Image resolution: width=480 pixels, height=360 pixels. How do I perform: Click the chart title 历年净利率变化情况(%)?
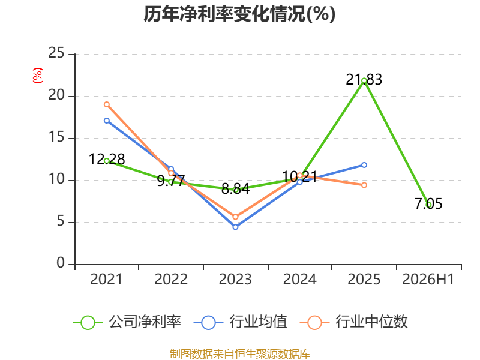click(239, 14)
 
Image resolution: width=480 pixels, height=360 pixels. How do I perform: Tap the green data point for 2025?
click(364, 81)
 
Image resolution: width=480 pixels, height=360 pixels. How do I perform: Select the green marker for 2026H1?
click(428, 205)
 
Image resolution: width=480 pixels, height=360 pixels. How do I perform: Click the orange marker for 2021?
click(107, 104)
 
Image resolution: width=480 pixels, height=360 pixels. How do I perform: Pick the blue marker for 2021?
click(107, 121)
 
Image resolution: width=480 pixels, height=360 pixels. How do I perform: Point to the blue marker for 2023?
click(235, 227)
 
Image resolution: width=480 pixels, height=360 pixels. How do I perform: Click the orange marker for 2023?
click(235, 217)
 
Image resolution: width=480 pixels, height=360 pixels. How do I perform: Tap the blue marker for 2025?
click(364, 165)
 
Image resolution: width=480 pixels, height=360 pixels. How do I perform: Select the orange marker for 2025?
click(364, 185)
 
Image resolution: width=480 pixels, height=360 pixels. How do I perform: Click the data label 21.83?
click(364, 80)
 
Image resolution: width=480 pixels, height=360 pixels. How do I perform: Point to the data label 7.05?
click(428, 203)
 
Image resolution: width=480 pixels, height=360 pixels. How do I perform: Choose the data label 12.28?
click(107, 159)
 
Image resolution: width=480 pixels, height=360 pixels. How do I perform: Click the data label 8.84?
click(235, 188)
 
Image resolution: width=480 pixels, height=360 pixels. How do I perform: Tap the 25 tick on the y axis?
click(56, 53)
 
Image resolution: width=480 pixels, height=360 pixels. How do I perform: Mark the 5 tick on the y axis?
click(61, 221)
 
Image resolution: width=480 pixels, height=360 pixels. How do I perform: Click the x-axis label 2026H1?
click(428, 279)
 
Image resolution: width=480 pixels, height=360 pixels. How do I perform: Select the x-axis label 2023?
click(235, 279)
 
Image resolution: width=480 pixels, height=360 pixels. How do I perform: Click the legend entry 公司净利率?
click(127, 322)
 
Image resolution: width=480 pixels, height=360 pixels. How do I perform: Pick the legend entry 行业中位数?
click(353, 322)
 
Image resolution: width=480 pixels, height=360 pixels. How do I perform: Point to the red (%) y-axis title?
click(38, 76)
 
